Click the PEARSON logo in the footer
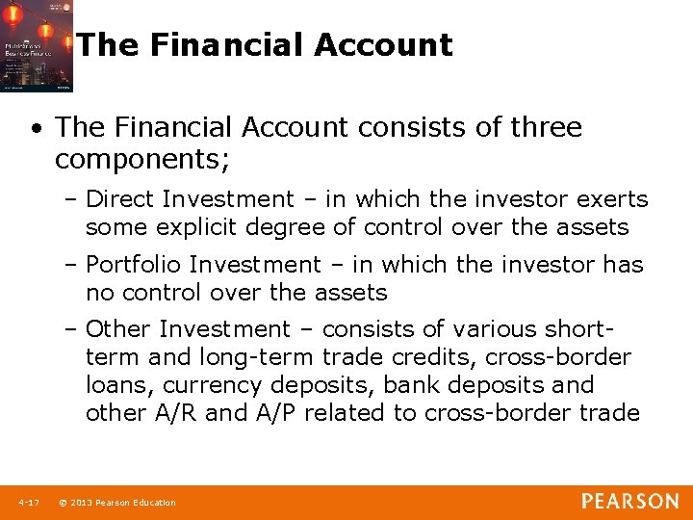tap(629, 502)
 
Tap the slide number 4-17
tap(28, 503)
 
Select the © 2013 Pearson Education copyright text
tap(117, 503)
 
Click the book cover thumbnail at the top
tap(37, 46)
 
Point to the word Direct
tap(120, 199)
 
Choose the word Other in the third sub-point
tap(119, 329)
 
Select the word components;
tap(142, 159)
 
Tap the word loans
tap(120, 385)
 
